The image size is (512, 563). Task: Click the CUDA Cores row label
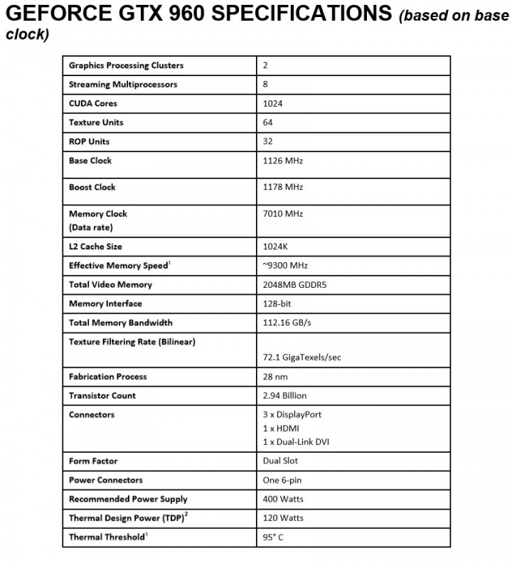pos(93,104)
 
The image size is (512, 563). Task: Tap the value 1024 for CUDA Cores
pos(272,104)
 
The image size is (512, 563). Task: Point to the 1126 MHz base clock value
pos(282,161)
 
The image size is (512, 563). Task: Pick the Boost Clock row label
pos(92,188)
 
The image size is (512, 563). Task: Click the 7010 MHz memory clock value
pos(282,213)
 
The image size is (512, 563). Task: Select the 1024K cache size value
pos(274,247)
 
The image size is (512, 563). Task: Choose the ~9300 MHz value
pos(284,266)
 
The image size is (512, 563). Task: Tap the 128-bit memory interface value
pos(277,304)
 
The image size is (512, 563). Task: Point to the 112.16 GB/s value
pos(287,323)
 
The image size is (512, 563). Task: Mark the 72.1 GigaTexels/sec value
pos(302,358)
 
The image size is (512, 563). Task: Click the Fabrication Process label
pos(107,377)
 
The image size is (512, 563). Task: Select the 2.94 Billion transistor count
pos(284,396)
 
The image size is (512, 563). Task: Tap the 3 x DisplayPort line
pos(292,414)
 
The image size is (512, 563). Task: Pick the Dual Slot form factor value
pos(280,461)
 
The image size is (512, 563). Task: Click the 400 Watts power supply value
pos(283,500)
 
